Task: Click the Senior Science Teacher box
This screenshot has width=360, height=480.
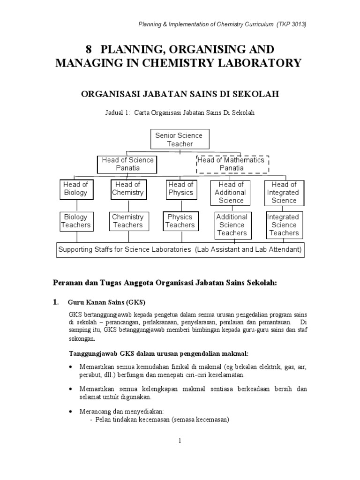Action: pyautogui.click(x=179, y=140)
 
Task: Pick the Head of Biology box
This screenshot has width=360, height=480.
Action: pyautogui.click(x=75, y=189)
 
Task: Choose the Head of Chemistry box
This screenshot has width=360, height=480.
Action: pyautogui.click(x=128, y=189)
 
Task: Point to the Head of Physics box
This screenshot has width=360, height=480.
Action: pyautogui.click(x=180, y=189)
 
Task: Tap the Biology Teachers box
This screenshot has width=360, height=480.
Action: pyautogui.click(x=75, y=221)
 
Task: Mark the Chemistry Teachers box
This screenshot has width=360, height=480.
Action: pyautogui.click(x=128, y=221)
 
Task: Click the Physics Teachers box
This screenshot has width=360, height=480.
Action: pyautogui.click(x=180, y=221)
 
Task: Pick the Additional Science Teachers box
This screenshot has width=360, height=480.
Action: pyautogui.click(x=232, y=225)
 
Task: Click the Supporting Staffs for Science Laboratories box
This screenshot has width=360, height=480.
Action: pyautogui.click(x=180, y=249)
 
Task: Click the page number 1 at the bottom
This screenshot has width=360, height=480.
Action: pyautogui.click(x=180, y=440)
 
